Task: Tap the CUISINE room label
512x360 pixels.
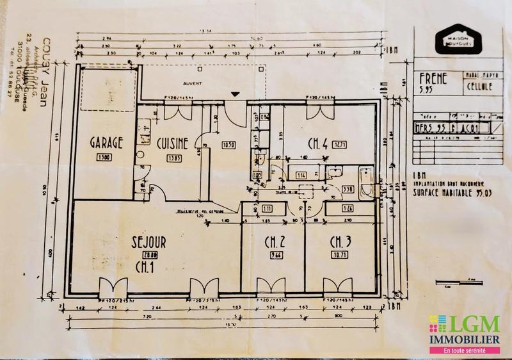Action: coord(172,144)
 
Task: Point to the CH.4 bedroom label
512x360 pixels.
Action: coord(318,144)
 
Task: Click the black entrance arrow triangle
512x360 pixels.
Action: coord(236,95)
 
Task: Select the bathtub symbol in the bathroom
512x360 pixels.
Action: coord(365,182)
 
